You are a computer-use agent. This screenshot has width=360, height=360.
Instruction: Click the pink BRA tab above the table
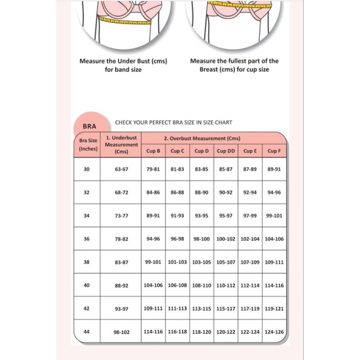click(90, 126)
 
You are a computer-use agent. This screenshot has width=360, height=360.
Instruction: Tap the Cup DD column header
click(226, 151)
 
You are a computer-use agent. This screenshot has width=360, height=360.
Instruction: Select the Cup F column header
click(274, 151)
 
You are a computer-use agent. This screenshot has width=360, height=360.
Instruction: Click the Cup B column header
click(153, 151)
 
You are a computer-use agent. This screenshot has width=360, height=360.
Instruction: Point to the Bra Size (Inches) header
click(88, 144)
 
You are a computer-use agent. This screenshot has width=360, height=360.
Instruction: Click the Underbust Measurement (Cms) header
click(121, 144)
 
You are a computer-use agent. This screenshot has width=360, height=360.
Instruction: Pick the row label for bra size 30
click(87, 169)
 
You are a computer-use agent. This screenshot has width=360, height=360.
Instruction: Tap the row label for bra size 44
click(87, 333)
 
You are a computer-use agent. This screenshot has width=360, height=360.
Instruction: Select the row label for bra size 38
click(87, 262)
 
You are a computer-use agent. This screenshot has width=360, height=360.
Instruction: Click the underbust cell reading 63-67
click(121, 169)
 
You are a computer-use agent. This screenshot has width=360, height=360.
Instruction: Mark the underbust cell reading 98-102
click(121, 333)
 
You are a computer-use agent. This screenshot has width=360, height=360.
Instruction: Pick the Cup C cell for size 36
click(177, 239)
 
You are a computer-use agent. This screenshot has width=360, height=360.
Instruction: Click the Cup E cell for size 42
click(250, 308)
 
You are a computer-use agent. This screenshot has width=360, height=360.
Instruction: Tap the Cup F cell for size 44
click(274, 333)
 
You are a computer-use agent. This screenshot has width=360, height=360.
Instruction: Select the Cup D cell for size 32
click(202, 192)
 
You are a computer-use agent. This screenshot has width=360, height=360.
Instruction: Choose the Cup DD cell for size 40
click(226, 285)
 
